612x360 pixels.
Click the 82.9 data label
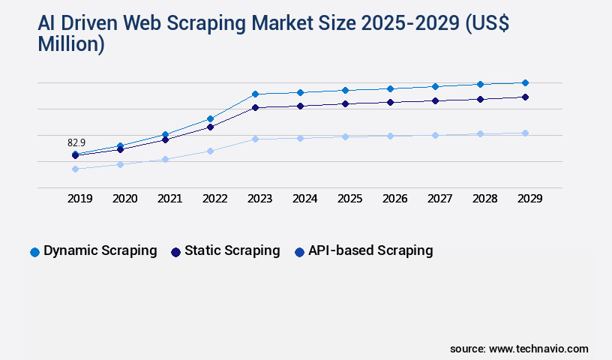(76, 142)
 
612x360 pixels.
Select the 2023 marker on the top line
(255, 94)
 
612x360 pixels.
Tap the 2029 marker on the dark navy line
(525, 97)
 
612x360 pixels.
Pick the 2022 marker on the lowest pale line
(210, 151)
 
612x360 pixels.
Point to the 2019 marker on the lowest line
(75, 169)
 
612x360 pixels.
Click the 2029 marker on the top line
(525, 82)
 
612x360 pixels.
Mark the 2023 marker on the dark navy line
(255, 107)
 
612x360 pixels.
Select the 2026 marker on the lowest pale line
(390, 136)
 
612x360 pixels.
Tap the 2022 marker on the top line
(210, 118)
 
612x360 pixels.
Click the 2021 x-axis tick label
(169, 199)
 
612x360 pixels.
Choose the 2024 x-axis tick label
(304, 199)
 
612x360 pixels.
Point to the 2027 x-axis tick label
(439, 199)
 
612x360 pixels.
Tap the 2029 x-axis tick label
(529, 199)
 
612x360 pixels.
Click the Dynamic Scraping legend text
(100, 250)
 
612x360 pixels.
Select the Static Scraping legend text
(232, 250)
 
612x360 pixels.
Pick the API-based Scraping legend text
(370, 250)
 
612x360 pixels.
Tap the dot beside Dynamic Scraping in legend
(34, 252)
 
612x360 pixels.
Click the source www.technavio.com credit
(519, 349)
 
